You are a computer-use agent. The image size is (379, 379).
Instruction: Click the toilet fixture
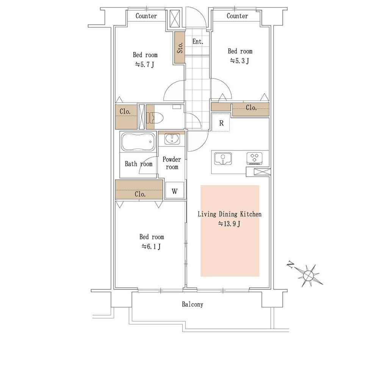tap(155, 118)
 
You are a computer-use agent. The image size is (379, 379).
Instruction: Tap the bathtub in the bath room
tap(138, 142)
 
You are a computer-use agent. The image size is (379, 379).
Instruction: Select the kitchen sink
tap(223, 158)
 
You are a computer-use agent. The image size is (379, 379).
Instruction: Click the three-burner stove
tap(254, 158)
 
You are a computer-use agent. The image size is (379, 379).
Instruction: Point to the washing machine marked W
tap(174, 191)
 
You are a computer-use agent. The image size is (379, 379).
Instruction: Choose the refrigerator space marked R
tap(221, 122)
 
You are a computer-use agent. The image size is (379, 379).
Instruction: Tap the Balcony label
tap(193, 304)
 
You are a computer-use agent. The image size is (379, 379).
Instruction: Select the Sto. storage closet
tap(180, 48)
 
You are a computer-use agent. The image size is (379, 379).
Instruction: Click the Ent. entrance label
tap(198, 42)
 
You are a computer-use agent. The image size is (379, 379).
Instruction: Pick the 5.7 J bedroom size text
tap(144, 64)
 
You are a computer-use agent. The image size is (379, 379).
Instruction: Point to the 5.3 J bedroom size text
tap(240, 61)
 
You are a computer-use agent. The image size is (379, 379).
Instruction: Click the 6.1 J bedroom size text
tap(151, 247)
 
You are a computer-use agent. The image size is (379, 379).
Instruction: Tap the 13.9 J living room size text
tap(229, 224)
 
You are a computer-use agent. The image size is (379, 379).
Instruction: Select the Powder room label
tap(172, 163)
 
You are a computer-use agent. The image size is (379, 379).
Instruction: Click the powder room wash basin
tap(172, 139)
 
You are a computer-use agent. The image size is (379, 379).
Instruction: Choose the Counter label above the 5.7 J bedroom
tap(146, 16)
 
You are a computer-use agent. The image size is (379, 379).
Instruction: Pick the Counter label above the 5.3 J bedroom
tap(237, 16)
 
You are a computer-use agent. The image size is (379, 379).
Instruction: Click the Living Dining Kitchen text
tap(230, 214)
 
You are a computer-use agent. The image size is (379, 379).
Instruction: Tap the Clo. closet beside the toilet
tap(126, 116)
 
